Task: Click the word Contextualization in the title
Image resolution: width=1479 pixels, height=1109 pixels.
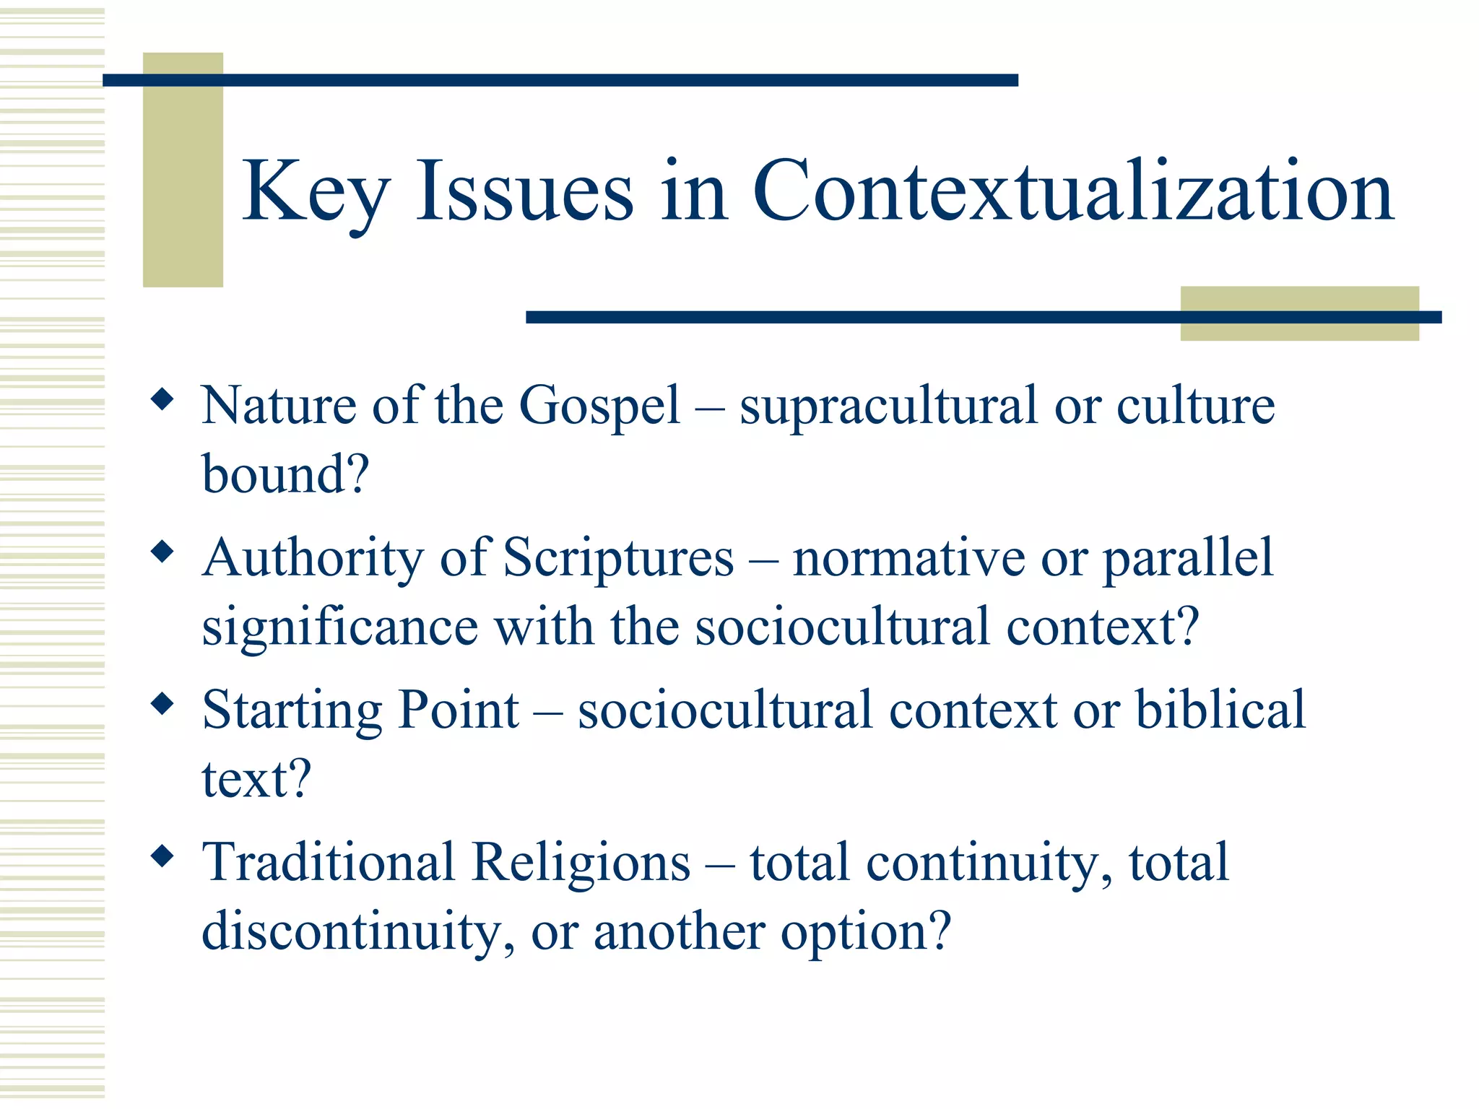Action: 1072,191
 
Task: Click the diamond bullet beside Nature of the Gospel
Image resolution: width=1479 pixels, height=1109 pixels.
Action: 162,399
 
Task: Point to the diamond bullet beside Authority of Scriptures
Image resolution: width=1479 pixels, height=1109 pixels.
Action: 162,552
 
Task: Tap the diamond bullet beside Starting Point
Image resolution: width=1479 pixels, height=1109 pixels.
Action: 162,704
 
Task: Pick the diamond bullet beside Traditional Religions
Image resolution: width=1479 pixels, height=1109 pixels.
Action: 162,857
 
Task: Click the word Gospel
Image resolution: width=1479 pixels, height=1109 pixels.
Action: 599,406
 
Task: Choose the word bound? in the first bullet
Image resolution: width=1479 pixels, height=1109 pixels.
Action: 285,475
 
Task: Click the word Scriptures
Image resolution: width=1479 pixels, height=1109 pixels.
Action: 618,558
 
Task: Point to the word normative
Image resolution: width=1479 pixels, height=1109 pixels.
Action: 908,558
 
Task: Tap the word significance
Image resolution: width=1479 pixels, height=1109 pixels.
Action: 339,627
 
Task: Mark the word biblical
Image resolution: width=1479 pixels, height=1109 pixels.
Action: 1220,709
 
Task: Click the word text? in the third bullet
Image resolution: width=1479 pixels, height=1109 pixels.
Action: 256,780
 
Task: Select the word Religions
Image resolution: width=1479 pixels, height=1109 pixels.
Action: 581,863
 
